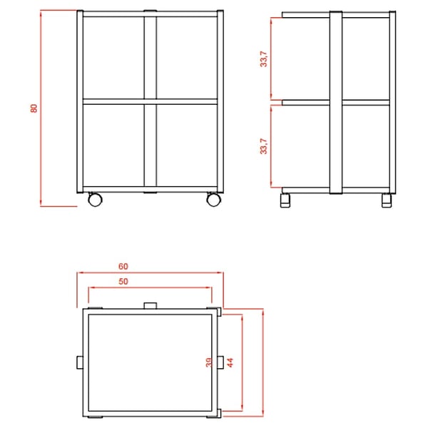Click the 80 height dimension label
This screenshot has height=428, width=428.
pos(34,108)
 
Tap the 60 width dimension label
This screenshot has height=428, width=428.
pos(123,266)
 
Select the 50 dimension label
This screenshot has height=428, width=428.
pos(123,281)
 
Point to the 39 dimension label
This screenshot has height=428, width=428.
pos(208,362)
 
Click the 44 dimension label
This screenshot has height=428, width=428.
pos(230,362)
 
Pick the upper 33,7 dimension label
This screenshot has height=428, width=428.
pos(264,58)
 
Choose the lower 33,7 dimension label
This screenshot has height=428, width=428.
pos(264,146)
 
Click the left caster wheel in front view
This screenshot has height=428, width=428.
pos(96,199)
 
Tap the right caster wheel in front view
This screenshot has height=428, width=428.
pos(214,199)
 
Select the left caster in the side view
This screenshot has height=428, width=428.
pos(285,200)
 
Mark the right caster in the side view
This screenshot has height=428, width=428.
pos(387,200)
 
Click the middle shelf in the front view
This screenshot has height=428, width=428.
pos(150,101)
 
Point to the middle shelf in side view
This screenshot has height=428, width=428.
pos(336,103)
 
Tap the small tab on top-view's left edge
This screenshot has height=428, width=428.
pos(80,362)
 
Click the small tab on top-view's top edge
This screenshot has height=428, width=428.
pos(150,305)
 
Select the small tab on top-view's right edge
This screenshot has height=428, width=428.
pos(220,362)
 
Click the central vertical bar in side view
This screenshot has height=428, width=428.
pos(336,103)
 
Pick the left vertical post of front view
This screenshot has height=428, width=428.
pos(80,101)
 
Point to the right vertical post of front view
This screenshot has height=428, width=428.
pos(220,101)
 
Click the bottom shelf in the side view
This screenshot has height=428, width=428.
pos(336,190)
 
